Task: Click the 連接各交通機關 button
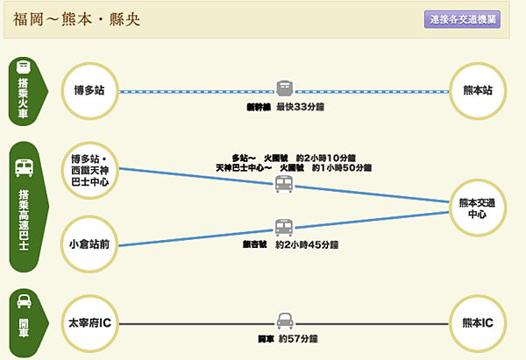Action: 462,19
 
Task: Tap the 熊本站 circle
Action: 476,89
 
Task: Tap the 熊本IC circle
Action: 476,323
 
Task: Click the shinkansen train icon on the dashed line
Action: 284,89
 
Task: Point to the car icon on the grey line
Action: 283,321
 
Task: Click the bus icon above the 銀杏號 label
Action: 282,228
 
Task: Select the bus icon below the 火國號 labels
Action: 283,184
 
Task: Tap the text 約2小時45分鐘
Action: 304,245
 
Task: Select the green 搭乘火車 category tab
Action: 25,88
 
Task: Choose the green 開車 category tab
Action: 25,322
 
